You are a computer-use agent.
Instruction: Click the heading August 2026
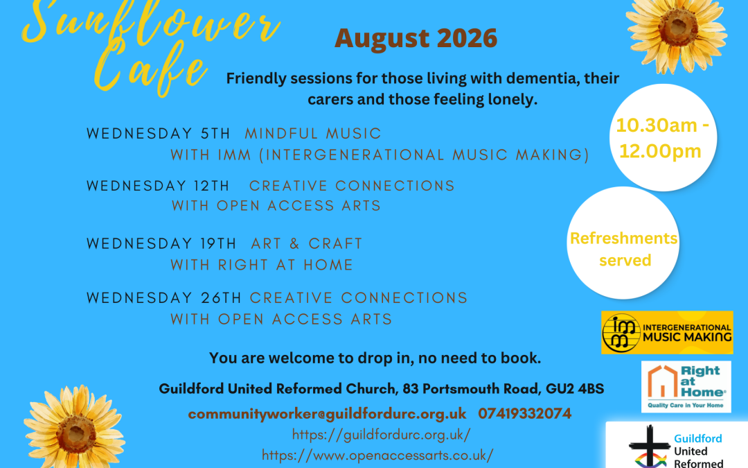(x=416, y=38)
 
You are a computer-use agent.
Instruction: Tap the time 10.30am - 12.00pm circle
(x=663, y=137)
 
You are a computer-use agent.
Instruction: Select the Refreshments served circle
(x=623, y=243)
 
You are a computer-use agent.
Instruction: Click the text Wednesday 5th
(x=159, y=134)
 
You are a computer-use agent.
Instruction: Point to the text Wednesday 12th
(x=158, y=186)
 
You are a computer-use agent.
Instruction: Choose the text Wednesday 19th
(x=161, y=244)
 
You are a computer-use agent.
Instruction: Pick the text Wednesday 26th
(x=164, y=298)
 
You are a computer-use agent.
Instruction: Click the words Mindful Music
(x=313, y=134)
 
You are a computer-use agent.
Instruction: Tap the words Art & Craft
(x=307, y=244)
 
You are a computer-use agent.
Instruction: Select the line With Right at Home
(x=262, y=265)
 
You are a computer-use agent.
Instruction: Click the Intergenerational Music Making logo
(x=667, y=332)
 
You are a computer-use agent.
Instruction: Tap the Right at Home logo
(x=686, y=387)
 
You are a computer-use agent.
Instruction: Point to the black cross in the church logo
(x=649, y=447)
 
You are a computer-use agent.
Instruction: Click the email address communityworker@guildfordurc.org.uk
(x=327, y=413)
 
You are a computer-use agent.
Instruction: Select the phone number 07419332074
(x=525, y=413)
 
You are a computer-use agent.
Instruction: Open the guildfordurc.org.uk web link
(x=381, y=435)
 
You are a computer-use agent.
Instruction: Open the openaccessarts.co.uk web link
(x=377, y=455)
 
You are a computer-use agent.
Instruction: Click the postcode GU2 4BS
(x=575, y=389)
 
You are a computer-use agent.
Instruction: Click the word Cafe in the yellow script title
(x=151, y=69)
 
